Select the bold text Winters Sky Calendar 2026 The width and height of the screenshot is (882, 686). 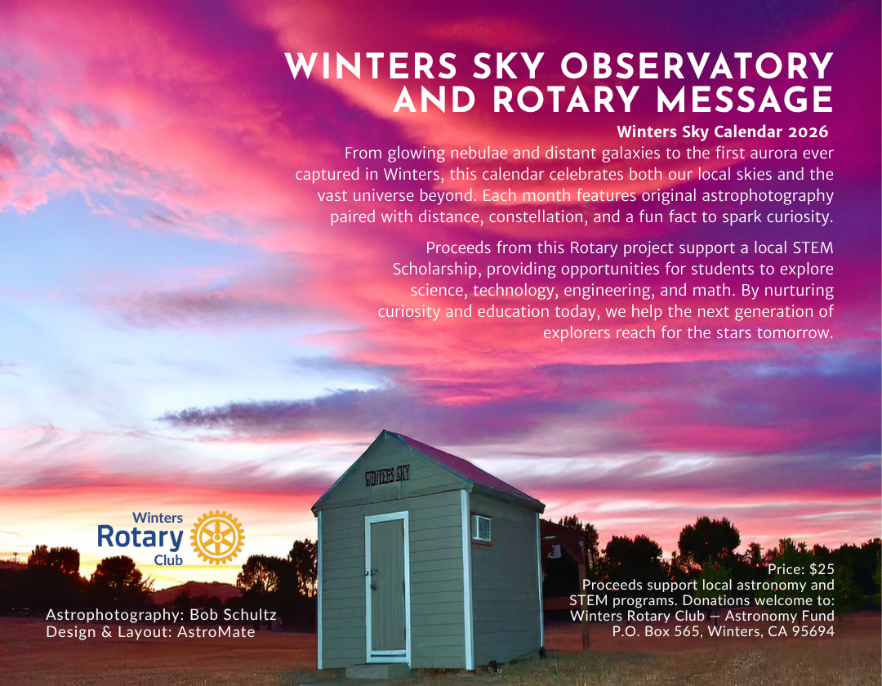coord(723,131)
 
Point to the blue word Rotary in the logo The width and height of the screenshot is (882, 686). coord(140,537)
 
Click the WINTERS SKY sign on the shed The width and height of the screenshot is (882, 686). coord(387,473)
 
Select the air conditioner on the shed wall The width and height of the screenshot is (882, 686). coord(481,528)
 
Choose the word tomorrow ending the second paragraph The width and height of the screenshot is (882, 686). coord(795,332)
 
